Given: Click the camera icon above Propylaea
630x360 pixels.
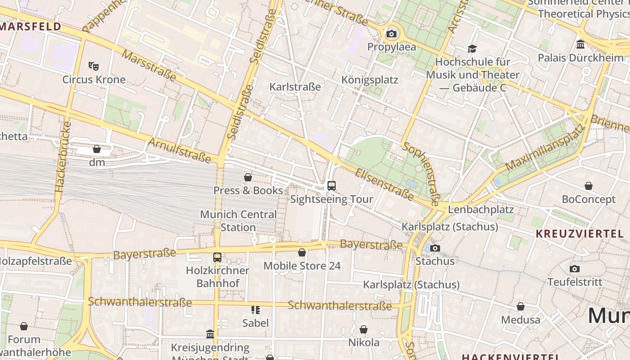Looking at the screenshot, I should (x=391, y=34).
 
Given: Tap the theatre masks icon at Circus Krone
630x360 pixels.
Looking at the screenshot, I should (x=94, y=66).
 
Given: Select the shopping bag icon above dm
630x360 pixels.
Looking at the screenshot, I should (x=97, y=149).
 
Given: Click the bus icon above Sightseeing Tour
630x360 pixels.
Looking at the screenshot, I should (x=332, y=185).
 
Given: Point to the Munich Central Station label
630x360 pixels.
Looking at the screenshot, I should (x=238, y=221).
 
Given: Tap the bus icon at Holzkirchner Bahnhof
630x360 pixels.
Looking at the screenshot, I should (x=217, y=257).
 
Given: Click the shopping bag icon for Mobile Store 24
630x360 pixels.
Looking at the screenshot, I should (x=302, y=253).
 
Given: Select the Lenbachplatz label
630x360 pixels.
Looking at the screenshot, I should (x=481, y=209).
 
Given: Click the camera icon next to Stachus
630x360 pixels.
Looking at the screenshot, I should (x=435, y=248).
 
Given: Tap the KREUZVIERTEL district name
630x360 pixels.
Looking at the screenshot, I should (x=580, y=234).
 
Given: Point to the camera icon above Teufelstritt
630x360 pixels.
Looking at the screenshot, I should (x=575, y=269).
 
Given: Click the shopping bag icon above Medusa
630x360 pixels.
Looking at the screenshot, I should (x=521, y=307).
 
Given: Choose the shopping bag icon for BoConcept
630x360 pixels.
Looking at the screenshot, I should (x=588, y=186).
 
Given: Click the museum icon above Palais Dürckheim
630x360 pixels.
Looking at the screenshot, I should (x=580, y=45).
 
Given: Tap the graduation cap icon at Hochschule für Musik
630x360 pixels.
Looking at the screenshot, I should (x=472, y=49).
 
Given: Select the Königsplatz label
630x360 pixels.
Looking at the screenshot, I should (x=370, y=80).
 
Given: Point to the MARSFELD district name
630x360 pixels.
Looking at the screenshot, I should (x=30, y=26).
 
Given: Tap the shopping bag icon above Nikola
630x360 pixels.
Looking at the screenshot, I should (x=364, y=329).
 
